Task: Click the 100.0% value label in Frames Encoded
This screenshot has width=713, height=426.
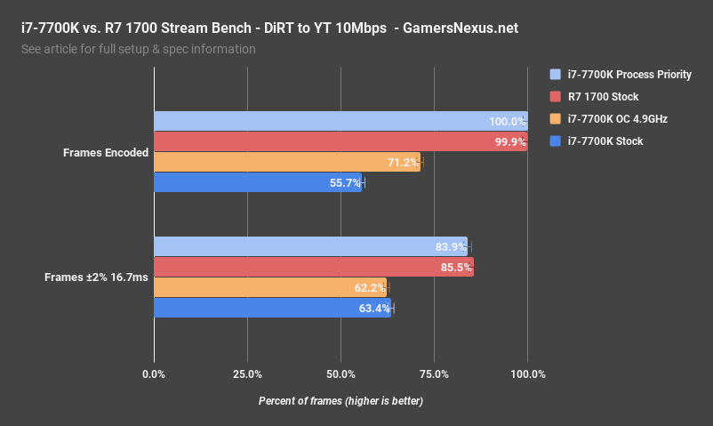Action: (x=507, y=122)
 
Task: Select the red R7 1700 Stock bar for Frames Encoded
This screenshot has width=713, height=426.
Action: (x=340, y=141)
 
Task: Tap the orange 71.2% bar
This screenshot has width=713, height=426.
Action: (x=286, y=162)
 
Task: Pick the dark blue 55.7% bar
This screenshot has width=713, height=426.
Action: (x=258, y=182)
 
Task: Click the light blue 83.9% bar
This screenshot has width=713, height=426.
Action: (x=310, y=246)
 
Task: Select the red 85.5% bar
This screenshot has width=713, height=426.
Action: (x=314, y=267)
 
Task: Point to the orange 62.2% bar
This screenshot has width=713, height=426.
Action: (x=270, y=287)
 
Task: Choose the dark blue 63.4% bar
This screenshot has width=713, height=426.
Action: (x=272, y=308)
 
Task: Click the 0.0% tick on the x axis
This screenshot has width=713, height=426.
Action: (x=155, y=374)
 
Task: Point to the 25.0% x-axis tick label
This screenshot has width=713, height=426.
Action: (x=247, y=374)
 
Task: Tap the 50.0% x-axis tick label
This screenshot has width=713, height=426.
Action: (x=340, y=374)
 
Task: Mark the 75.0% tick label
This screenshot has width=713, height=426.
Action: (x=434, y=374)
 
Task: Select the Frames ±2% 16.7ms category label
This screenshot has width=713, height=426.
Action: (x=96, y=277)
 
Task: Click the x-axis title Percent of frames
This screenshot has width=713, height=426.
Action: (x=340, y=401)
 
